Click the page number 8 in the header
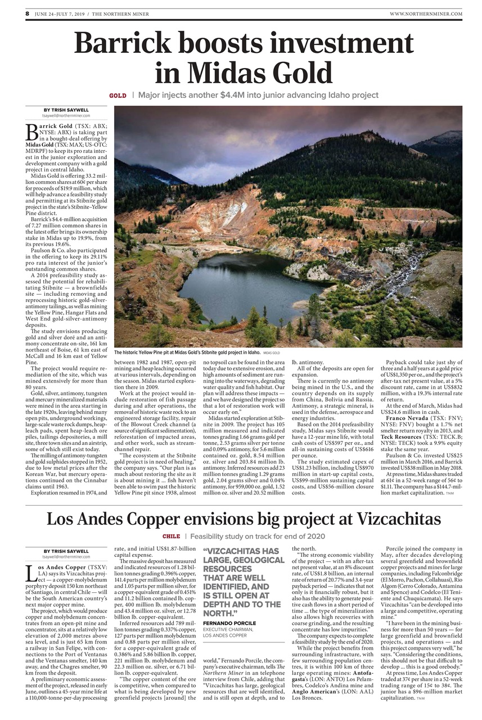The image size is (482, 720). coord(27,13)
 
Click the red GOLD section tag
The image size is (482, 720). coord(118,96)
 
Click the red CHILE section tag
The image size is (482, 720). coord(171,537)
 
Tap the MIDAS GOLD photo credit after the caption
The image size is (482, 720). coord(271,352)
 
